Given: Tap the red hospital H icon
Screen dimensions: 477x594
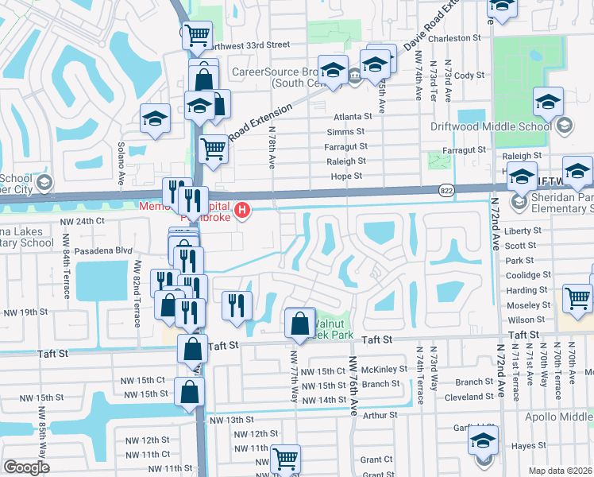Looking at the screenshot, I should click(245, 211).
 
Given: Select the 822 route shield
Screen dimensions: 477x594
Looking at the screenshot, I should click(446, 190).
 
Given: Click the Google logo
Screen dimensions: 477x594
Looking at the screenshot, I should click(25, 467).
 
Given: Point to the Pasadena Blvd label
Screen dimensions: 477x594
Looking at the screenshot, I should click(103, 250).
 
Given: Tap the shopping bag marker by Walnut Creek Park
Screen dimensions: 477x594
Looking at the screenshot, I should click(299, 324).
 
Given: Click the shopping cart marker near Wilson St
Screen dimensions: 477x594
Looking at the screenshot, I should click(577, 298).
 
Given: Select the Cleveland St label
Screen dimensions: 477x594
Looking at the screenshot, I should click(469, 396).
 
